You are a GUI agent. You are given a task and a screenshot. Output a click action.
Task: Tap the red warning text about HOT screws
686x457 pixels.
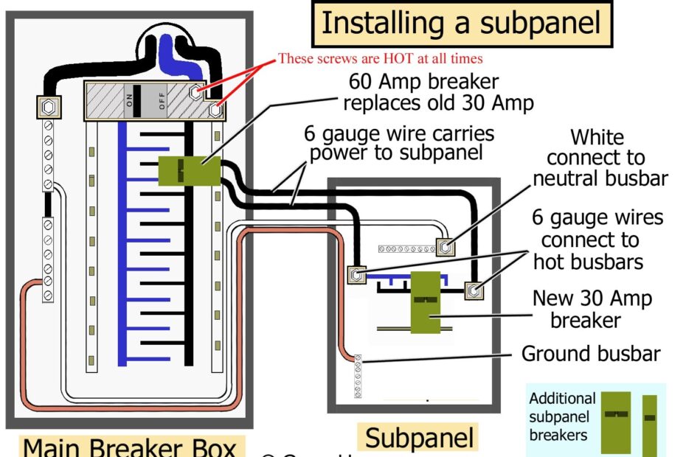(380, 58)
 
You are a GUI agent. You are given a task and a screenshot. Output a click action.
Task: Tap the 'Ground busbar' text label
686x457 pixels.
(590, 354)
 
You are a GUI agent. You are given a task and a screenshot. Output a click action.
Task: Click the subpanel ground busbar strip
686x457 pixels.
(358, 376)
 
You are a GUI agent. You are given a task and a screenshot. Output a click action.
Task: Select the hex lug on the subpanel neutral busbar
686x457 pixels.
(443, 248)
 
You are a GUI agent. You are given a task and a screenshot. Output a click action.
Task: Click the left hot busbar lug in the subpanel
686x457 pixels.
(357, 276)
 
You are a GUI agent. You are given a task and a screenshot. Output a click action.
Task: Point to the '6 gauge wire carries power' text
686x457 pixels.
(399, 144)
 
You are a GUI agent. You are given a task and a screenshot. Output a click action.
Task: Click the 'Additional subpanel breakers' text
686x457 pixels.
(562, 416)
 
